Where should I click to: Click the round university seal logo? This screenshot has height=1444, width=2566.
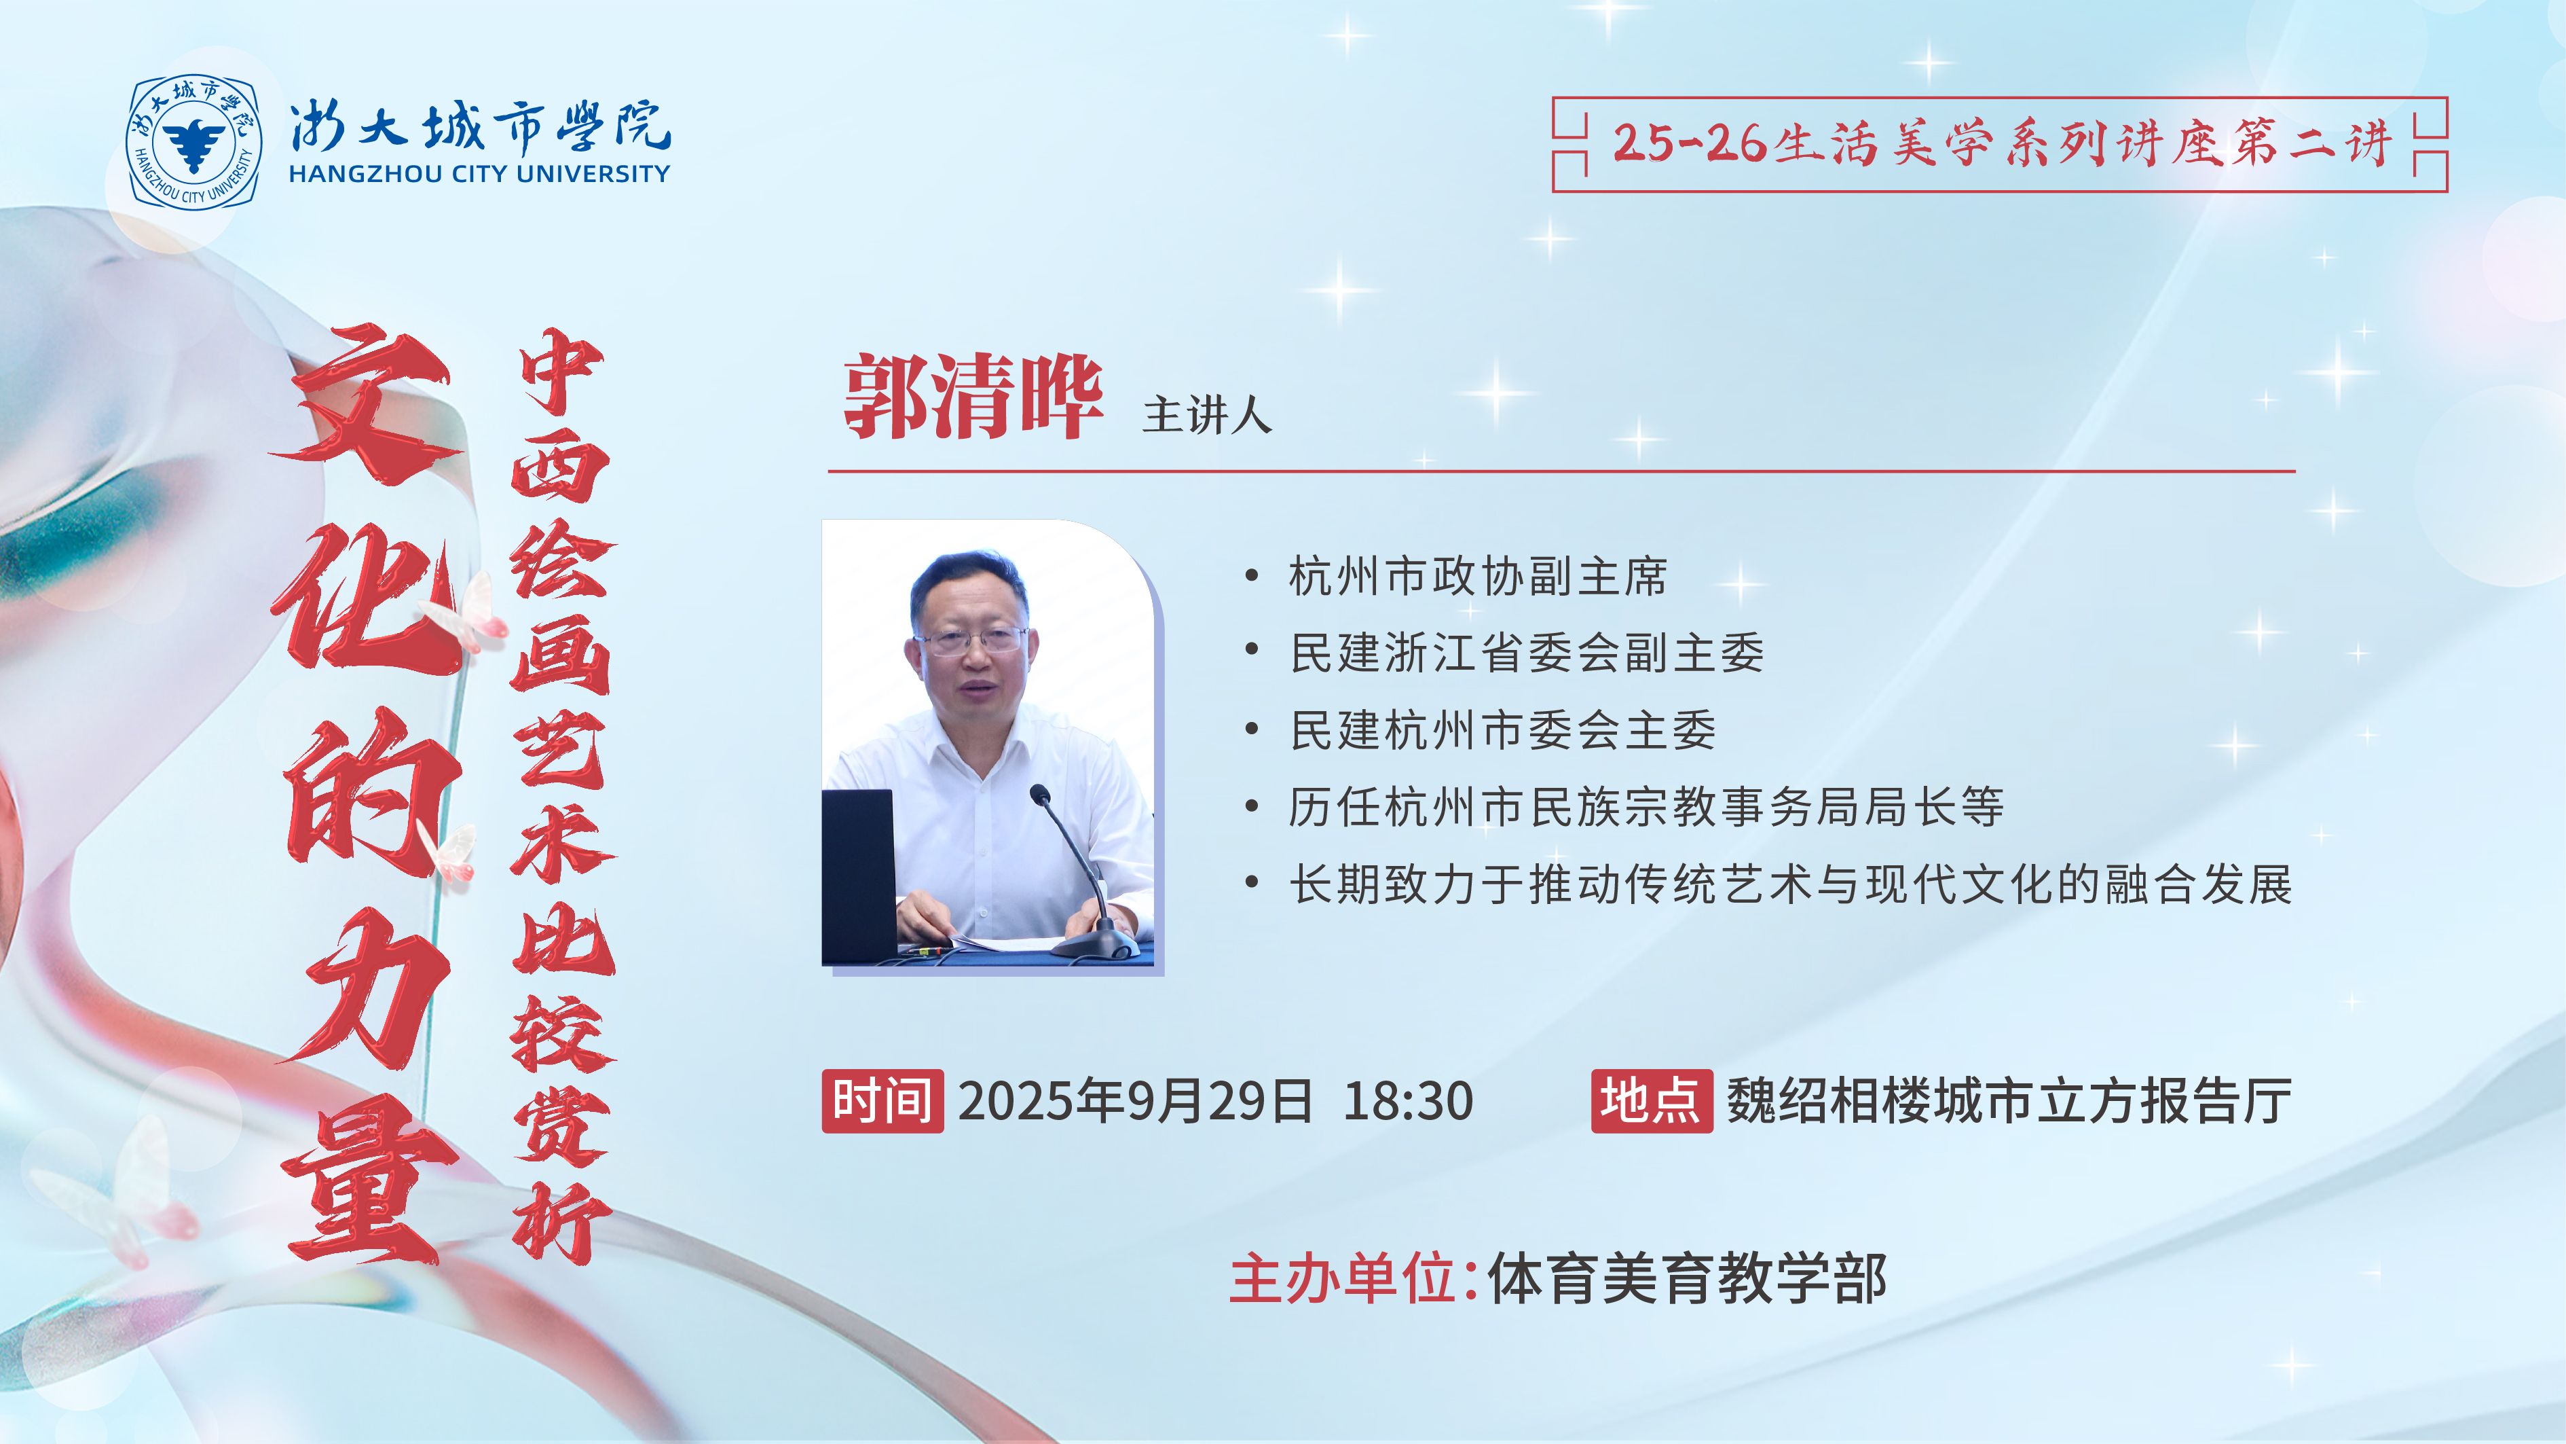click(194, 141)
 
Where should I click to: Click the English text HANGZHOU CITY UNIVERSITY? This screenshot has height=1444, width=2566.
click(479, 173)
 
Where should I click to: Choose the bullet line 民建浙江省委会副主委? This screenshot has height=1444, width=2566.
click(1526, 653)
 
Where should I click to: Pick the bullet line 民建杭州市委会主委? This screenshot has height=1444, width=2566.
click(1502, 730)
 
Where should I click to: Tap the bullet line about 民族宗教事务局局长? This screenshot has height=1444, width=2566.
click(1645, 807)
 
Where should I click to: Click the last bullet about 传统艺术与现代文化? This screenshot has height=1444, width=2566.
click(1790, 884)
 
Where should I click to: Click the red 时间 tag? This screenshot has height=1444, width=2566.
click(882, 1101)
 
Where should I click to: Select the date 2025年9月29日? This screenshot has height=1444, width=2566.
click(1136, 1101)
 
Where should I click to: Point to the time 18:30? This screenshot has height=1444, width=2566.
click(1407, 1101)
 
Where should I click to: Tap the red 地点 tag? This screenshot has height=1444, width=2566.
click(1652, 1101)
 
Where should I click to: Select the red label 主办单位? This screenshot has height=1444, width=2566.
click(1344, 1278)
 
